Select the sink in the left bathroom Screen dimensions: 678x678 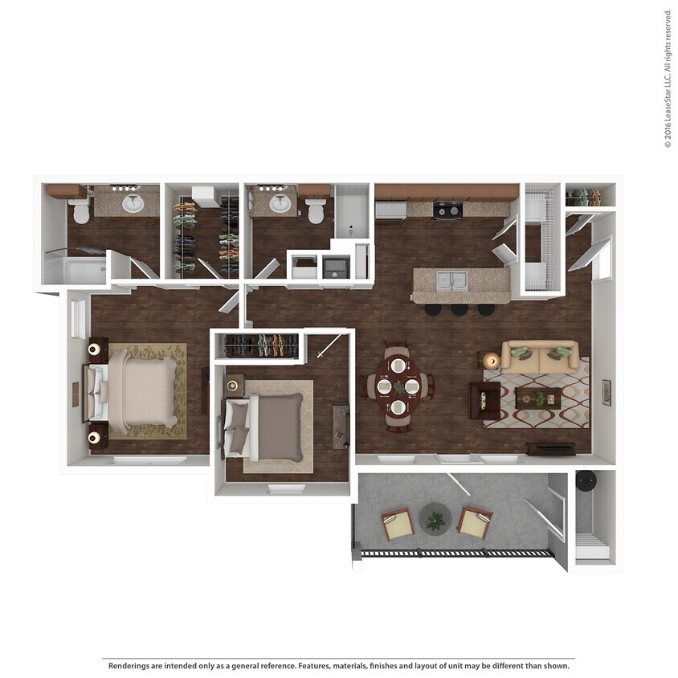tap(133, 203)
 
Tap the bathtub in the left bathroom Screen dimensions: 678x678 tap(75, 272)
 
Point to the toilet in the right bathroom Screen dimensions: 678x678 tap(316, 210)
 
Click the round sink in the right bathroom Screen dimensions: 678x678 tap(280, 203)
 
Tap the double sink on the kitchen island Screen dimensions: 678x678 tap(452, 281)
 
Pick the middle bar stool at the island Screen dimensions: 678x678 tap(459, 308)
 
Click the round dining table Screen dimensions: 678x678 tap(398, 386)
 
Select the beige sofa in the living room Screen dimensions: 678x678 tap(540, 357)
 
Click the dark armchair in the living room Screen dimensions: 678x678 tap(484, 399)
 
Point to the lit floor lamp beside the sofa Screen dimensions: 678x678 tap(492, 361)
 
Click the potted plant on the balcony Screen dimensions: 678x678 tap(435, 521)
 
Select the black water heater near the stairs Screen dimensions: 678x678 tap(584, 480)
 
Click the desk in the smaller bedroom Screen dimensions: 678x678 tap(341, 425)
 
